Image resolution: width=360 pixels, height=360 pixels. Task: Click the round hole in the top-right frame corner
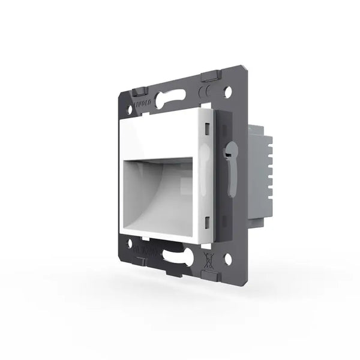[227, 93]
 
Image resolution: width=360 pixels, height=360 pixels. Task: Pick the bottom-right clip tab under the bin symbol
[211, 275]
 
